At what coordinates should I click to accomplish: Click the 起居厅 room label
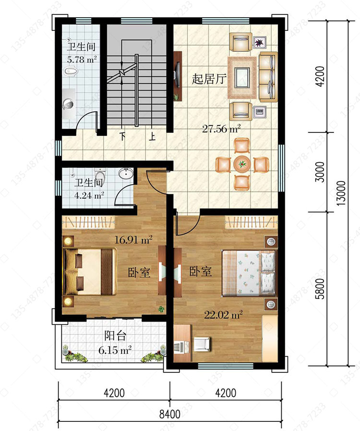pyautogui.click(x=209, y=79)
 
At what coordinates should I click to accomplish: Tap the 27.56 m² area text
pyautogui.click(x=221, y=129)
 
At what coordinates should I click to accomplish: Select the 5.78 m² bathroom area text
pyautogui.click(x=82, y=60)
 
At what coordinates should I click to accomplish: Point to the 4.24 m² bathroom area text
pyautogui.click(x=89, y=195)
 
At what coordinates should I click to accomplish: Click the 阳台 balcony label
pyautogui.click(x=115, y=335)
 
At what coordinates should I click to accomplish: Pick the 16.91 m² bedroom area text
pyautogui.click(x=133, y=240)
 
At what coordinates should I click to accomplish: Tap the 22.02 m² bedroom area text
pyautogui.click(x=223, y=314)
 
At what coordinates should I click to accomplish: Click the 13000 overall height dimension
pyautogui.click(x=341, y=193)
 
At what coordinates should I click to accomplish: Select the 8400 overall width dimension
pyautogui.click(x=170, y=414)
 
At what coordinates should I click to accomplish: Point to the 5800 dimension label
pyautogui.click(x=320, y=288)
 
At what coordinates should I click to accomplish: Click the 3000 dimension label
pyautogui.click(x=320, y=172)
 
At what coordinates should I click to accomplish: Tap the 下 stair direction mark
pyautogui.click(x=123, y=136)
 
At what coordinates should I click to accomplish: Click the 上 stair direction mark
pyautogui.click(x=152, y=136)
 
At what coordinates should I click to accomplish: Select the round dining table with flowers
pyautogui.click(x=242, y=164)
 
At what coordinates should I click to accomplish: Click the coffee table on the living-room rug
pyautogui.click(x=241, y=78)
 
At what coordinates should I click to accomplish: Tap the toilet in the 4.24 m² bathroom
pyautogui.click(x=100, y=174)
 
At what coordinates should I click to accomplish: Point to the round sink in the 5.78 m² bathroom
pyautogui.click(x=68, y=104)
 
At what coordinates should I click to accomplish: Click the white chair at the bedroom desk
pyautogui.click(x=202, y=344)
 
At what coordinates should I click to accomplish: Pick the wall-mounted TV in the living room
pyautogui.click(x=178, y=75)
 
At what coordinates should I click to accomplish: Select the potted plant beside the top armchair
pyautogui.click(x=259, y=43)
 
